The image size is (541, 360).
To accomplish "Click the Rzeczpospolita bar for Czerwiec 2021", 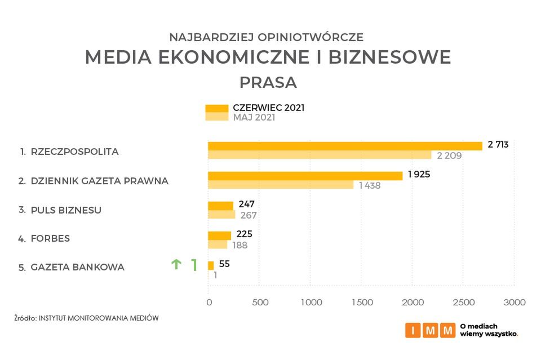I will [345, 146].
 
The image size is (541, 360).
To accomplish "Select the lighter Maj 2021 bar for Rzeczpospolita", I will [320, 155].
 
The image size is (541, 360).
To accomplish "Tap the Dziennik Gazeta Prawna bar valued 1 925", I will [305, 176].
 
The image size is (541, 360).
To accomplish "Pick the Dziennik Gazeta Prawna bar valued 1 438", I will [281, 185].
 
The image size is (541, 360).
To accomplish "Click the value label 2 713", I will [498, 144].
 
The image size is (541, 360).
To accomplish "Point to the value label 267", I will [248, 215].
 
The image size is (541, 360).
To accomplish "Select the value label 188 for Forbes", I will [240, 245].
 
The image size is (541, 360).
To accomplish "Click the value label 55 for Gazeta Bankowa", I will [224, 264].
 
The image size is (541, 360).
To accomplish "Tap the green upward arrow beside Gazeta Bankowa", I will [176, 264].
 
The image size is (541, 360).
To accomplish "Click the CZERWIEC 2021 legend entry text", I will [268, 108].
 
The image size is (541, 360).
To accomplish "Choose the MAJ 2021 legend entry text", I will [254, 118].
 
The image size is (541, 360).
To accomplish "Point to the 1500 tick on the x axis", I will [362, 303].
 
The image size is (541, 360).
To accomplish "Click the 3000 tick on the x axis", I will [514, 303].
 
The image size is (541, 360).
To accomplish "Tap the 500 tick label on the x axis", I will [260, 303].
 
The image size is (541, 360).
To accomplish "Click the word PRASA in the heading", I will [268, 82].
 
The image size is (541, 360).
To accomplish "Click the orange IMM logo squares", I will [430, 330].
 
